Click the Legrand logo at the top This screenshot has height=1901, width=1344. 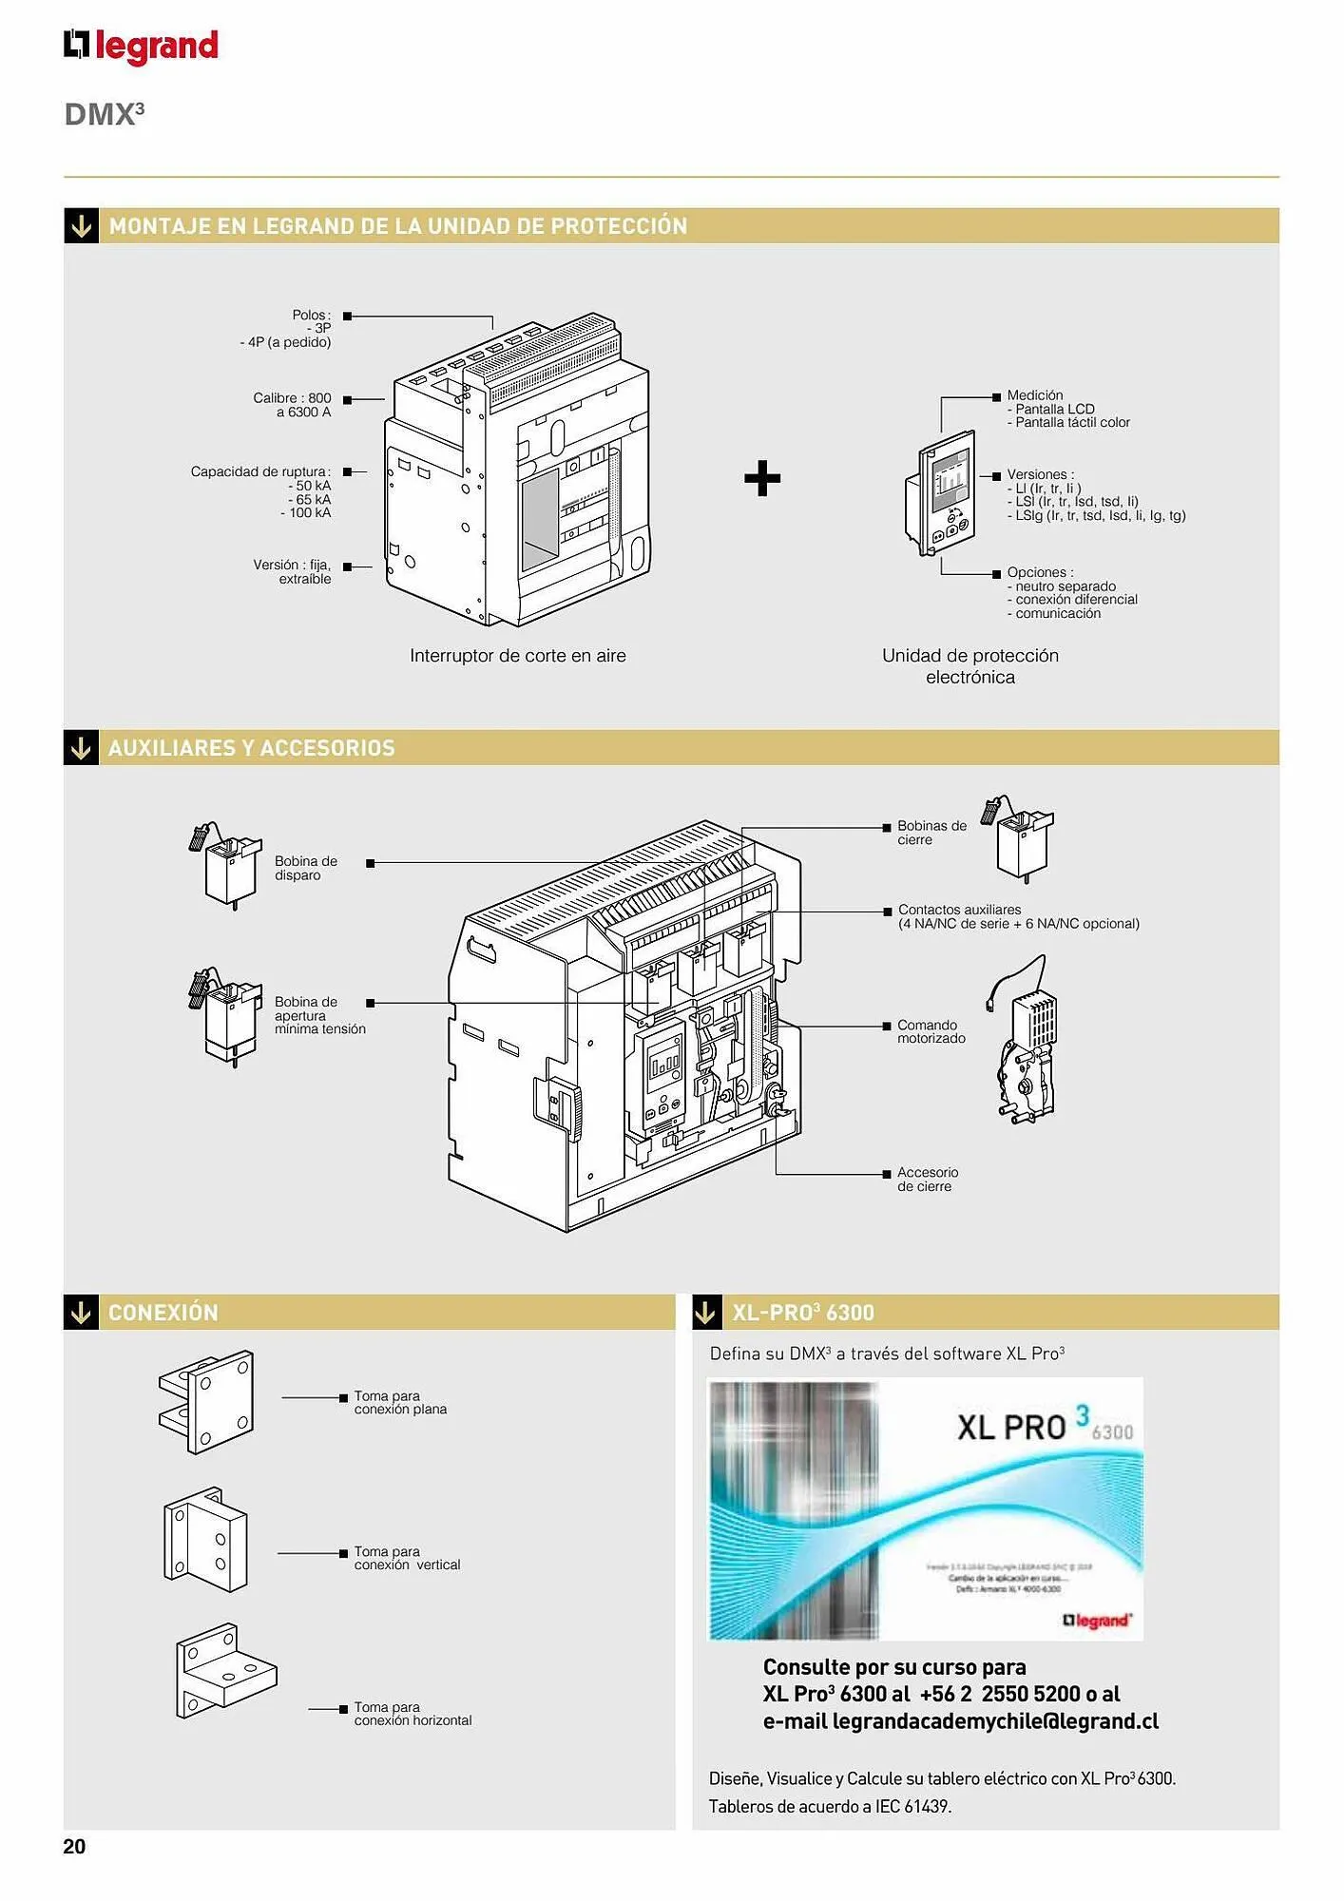[x=141, y=46]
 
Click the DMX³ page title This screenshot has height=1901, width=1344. [x=104, y=114]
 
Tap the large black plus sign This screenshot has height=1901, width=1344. [x=762, y=478]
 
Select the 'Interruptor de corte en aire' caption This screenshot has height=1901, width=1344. [x=517, y=656]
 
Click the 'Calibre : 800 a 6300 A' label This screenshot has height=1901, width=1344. [x=292, y=405]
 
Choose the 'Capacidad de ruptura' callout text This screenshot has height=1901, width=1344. [x=260, y=472]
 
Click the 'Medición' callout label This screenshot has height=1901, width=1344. [x=1035, y=395]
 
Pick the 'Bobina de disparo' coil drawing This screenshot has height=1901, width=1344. [x=227, y=864]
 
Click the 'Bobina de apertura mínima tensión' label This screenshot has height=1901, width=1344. [x=319, y=1015]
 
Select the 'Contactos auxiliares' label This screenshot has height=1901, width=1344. [x=959, y=910]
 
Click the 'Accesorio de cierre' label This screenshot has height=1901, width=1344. [x=927, y=1180]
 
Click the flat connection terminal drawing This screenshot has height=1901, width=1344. [x=206, y=1402]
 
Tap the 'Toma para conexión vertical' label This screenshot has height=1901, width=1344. [x=406, y=1558]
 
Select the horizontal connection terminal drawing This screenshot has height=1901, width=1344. [x=224, y=1670]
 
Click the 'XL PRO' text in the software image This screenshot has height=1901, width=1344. [x=1011, y=1427]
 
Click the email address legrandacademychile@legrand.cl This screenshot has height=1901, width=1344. [x=994, y=1721]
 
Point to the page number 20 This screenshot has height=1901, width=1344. [x=74, y=1846]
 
